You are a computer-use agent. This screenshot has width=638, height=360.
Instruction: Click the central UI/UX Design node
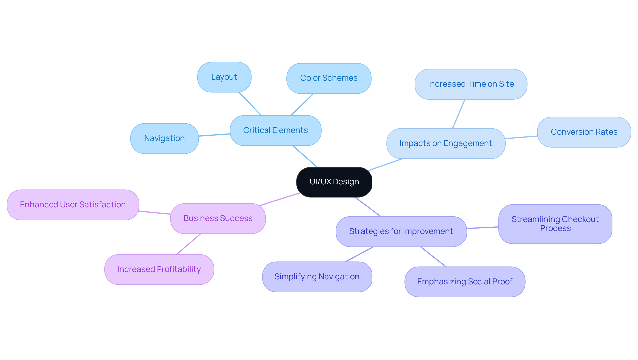point(334,182)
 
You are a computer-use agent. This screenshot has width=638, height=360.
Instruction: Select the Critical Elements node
point(275,130)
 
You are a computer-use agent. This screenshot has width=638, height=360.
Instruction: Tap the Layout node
point(224,77)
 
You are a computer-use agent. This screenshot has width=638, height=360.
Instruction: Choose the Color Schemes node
point(328,78)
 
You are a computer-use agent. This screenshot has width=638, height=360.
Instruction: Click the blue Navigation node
point(164,138)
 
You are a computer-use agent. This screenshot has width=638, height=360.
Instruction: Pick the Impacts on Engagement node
point(446,143)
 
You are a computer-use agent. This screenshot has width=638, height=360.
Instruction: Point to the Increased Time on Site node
point(471,84)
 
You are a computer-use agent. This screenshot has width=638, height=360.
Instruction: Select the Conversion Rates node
point(584,132)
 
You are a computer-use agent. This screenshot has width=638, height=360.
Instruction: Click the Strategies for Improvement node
point(401,231)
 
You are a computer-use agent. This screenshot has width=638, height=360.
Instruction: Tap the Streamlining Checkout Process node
point(555,224)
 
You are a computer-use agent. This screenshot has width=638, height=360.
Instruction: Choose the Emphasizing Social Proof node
point(465,282)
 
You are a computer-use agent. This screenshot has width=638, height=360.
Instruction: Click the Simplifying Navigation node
point(317,277)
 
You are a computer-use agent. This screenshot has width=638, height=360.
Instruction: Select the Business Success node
point(218,218)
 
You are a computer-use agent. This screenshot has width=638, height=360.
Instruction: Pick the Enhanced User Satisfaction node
point(72,205)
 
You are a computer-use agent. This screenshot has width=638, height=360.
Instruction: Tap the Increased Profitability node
point(159,269)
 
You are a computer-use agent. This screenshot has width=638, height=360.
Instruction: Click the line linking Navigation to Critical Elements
point(214,135)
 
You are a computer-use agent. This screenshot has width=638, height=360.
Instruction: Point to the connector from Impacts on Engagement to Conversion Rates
point(521,137)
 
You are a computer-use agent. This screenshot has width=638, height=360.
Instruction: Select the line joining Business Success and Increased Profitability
point(188,244)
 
